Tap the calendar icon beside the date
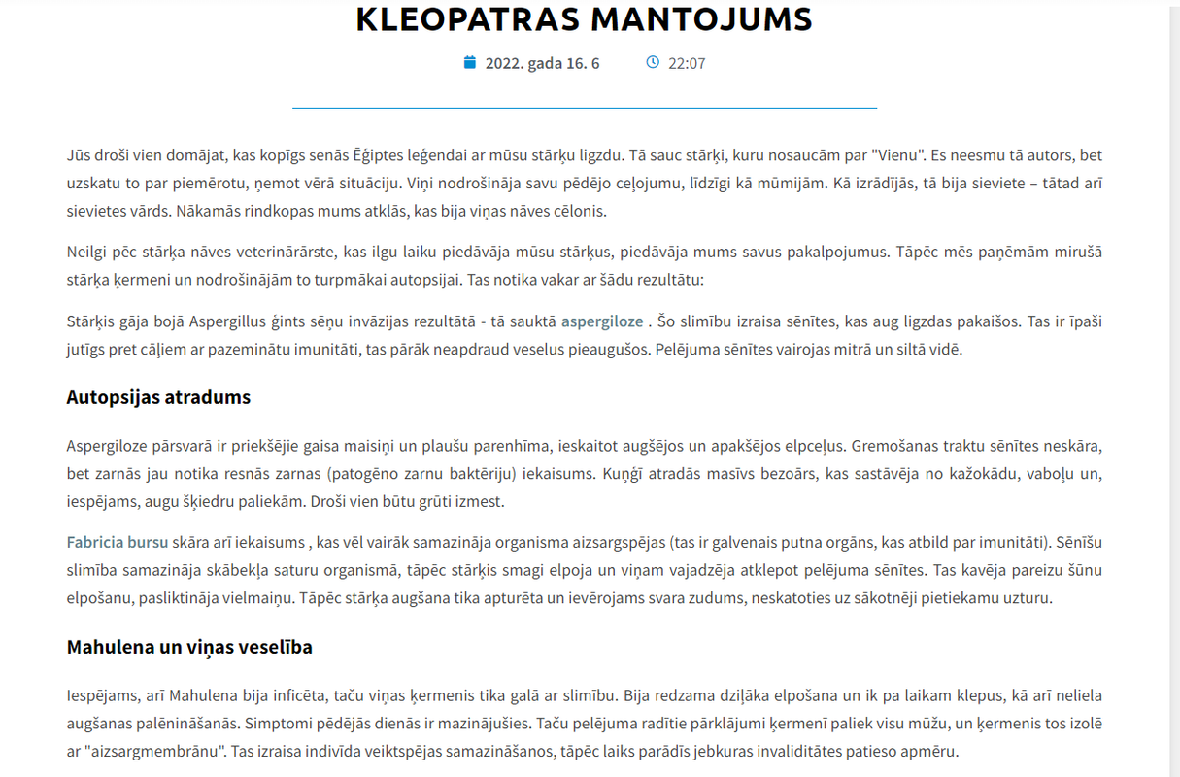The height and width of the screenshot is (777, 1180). click(470, 63)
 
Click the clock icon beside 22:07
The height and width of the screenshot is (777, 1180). click(653, 63)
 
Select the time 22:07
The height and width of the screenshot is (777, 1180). click(687, 64)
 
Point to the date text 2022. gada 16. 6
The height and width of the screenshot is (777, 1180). click(542, 64)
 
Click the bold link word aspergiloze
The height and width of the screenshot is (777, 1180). click(602, 321)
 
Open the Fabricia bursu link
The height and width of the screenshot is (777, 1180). click(118, 542)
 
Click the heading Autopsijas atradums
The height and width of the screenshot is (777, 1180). click(158, 397)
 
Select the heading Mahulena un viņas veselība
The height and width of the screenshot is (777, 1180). click(189, 647)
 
